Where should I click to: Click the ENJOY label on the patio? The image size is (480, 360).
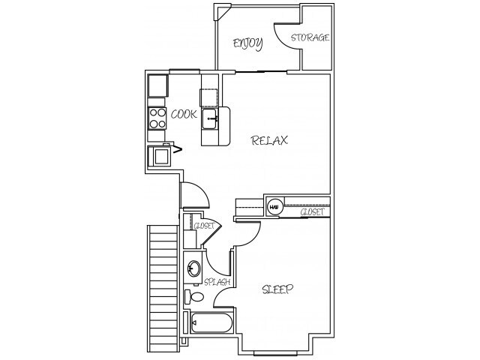(247, 43)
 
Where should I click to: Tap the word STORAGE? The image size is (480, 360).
(310, 37)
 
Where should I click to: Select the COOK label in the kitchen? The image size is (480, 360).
(184, 114)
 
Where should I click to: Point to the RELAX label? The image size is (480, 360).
(270, 140)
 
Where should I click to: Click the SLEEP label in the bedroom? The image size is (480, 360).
(277, 289)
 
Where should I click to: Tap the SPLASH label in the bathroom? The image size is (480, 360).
(217, 282)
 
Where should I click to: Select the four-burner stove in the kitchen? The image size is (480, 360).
(157, 118)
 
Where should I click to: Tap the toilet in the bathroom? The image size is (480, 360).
(197, 297)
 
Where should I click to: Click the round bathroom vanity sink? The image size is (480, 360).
(193, 268)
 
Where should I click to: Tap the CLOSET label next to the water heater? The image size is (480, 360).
(311, 212)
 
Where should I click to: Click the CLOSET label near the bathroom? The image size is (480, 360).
(204, 226)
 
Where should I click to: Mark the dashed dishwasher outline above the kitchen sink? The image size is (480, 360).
(209, 97)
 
